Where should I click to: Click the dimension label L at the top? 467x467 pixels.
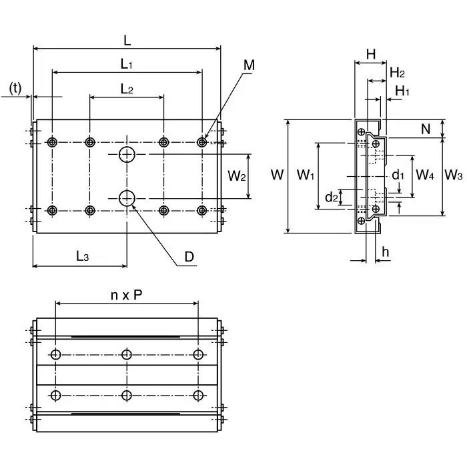[127, 40]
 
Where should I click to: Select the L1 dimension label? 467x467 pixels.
[127, 65]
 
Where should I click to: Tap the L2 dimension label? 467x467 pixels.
[127, 89]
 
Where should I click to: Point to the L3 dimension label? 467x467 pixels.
[81, 256]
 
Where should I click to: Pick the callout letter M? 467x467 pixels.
[249, 65]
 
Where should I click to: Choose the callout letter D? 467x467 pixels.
[189, 256]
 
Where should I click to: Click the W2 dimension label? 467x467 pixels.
[238, 176]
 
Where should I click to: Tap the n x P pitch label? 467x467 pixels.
[126, 295]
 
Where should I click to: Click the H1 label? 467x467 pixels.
[402, 90]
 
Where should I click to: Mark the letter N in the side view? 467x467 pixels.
[426, 129]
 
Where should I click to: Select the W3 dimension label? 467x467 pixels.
[454, 175]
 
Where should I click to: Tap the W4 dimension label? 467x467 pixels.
[425, 175]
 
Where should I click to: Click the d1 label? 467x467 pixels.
[398, 175]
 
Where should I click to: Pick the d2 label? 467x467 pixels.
[332, 197]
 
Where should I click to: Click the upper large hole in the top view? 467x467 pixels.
[127, 155]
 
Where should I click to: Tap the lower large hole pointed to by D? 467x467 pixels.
[127, 197]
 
